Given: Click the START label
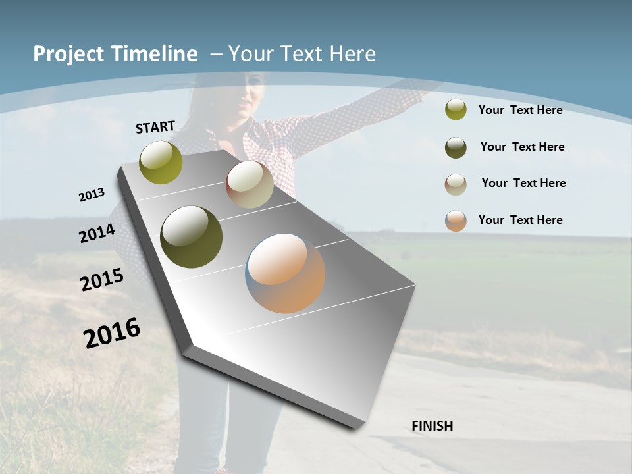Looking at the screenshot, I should point(155,127).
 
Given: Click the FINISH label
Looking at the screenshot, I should point(433,426).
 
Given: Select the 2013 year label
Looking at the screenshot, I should point(92,195).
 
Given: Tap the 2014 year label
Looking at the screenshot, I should point(97,234).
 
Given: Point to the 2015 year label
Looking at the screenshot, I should point(102,280).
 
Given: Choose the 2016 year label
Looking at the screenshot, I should point(112,333).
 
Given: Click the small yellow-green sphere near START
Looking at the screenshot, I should point(161,163).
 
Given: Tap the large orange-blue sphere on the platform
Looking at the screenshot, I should point(285,273).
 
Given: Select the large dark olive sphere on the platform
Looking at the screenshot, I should point(192,237).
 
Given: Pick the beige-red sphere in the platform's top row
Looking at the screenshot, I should point(250,184).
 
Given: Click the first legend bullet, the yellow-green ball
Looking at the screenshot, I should point(456,109).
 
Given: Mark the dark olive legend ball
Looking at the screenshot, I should point(456,147).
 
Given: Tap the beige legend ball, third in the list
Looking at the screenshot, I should point(456,184).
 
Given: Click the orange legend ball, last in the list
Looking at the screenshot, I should point(456,221).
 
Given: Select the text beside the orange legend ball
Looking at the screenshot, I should point(520,220).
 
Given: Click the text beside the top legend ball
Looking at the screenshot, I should point(520,110).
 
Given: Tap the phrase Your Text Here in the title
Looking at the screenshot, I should point(302,54).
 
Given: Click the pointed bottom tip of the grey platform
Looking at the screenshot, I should point(356,426).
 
